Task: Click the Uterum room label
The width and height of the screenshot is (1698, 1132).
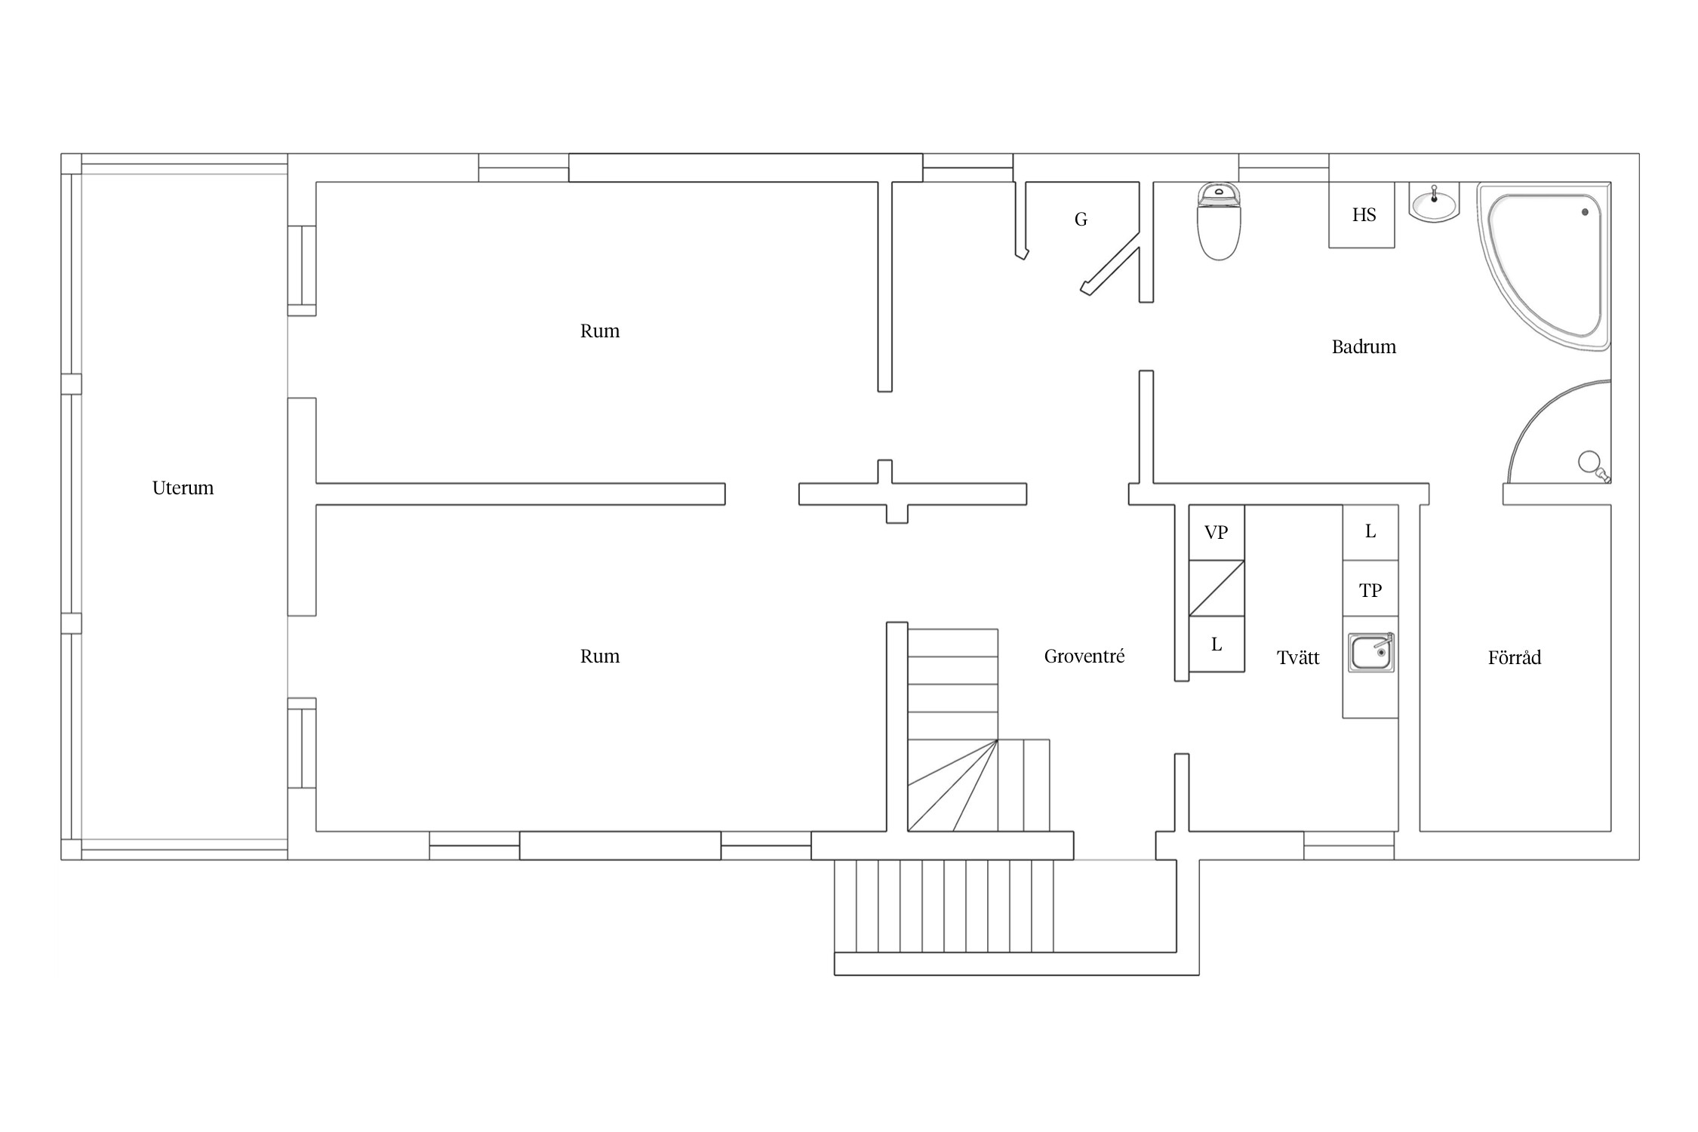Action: [x=183, y=488]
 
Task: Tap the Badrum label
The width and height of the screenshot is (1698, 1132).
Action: [x=1364, y=347]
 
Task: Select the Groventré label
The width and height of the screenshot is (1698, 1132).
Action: [x=1084, y=657]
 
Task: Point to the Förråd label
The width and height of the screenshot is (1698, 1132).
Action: [x=1514, y=657]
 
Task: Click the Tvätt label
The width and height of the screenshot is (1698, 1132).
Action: [x=1298, y=657]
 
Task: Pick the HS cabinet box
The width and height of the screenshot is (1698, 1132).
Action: [x=1361, y=215]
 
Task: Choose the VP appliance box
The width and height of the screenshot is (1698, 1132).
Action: [x=1217, y=532]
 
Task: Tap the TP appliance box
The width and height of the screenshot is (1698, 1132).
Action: [x=1370, y=589]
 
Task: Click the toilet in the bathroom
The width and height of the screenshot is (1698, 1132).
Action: [x=1219, y=220]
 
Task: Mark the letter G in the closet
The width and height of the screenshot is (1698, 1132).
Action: [x=1081, y=220]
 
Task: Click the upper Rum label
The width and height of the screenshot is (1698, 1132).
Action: [x=600, y=331]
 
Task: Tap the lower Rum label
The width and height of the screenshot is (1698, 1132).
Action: [x=600, y=657]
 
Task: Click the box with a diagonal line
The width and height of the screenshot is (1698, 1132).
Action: [x=1217, y=588]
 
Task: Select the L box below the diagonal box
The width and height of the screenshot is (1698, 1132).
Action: [x=1217, y=644]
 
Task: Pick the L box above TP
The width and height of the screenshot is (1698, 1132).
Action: [x=1370, y=532]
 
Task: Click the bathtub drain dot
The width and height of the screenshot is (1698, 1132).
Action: [x=1585, y=212]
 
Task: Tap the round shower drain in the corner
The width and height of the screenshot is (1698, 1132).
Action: [x=1589, y=460]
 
